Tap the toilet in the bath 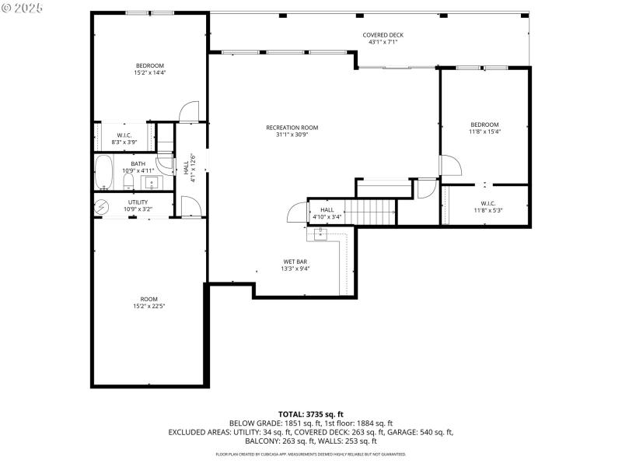coord(128,182)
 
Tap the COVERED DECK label coord(383,35)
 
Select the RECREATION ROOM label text coord(292,128)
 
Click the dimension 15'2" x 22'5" coord(149,307)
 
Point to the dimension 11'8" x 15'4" coord(484,132)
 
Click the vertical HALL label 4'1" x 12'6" coord(187,167)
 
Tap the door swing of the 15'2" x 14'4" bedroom coord(188,114)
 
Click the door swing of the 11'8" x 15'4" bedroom coord(451,165)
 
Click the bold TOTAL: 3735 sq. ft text coord(311,413)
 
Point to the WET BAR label coord(295,262)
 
